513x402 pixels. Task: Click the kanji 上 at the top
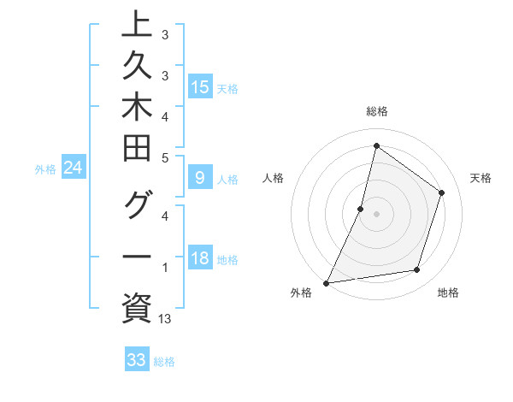[137, 23]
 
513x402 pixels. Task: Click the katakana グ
[137, 206]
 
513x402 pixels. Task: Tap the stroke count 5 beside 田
[165, 157]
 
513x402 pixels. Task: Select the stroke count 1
[165, 268]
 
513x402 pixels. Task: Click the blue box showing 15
[200, 86]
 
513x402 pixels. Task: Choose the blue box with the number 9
[200, 178]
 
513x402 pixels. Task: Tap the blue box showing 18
[200, 259]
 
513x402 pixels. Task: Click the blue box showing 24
[73, 168]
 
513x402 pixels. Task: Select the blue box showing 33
[137, 360]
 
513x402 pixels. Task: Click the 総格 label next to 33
[164, 362]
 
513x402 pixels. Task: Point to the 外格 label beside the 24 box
[44, 169]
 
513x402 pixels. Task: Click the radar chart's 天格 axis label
[481, 178]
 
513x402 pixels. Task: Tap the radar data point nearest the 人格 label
[361, 209]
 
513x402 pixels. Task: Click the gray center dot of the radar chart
[376, 214]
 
